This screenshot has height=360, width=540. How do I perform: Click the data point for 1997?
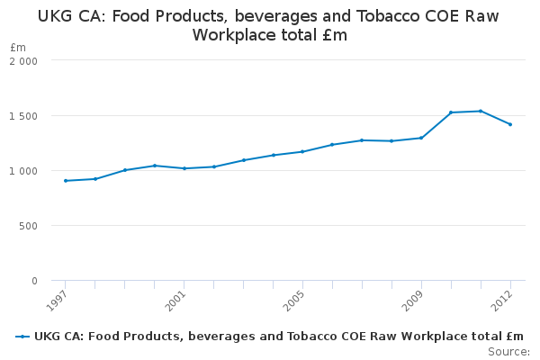coord(66,181)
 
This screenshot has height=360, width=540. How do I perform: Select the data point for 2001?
coord(184,168)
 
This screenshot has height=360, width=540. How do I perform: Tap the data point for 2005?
coord(302,151)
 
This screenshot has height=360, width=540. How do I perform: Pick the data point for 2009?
coord(421,138)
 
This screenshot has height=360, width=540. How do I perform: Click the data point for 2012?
coord(509,124)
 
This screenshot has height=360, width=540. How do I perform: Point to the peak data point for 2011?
coord(481,111)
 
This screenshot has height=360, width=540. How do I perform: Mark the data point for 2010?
coord(451,112)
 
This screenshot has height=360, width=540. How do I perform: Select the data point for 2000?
coord(155,166)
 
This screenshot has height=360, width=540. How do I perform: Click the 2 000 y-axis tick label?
coord(23,60)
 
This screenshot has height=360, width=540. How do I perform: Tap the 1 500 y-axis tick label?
coord(23,116)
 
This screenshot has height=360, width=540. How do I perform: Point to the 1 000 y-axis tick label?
coord(23,171)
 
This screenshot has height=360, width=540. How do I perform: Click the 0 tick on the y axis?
coord(33,281)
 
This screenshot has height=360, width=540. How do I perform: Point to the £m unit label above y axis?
coord(18,47)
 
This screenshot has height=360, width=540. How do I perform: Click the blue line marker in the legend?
coord(22,337)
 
